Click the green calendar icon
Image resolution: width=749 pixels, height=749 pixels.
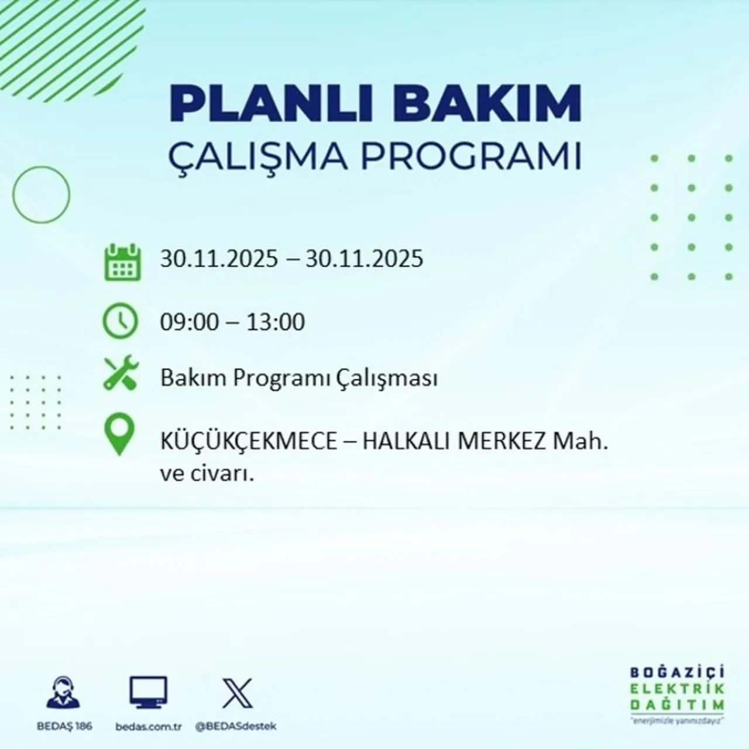(122, 262)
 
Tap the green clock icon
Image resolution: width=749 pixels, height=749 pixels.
(120, 322)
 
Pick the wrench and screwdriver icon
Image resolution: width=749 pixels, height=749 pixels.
(121, 374)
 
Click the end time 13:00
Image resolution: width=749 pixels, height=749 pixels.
(275, 322)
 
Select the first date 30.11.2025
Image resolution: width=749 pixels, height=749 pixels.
(219, 258)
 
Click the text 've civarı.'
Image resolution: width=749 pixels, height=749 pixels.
(207, 475)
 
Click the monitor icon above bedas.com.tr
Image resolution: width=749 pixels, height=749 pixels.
(148, 693)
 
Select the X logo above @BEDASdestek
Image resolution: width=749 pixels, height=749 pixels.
(237, 693)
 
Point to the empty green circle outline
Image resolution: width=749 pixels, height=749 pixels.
(41, 194)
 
